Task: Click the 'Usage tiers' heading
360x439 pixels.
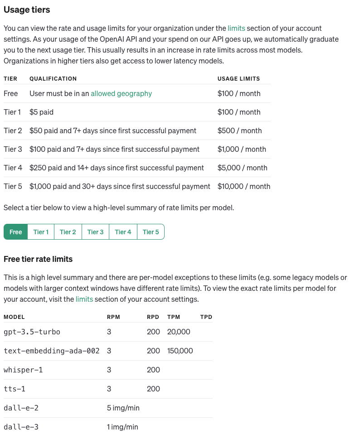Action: click(x=27, y=10)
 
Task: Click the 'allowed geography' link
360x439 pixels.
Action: click(x=121, y=94)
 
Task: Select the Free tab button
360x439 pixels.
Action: click(x=16, y=232)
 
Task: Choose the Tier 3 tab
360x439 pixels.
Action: click(x=95, y=232)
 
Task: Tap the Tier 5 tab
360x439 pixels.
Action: click(x=151, y=232)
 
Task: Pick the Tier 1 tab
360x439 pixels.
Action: click(x=41, y=232)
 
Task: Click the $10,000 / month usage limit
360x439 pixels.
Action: click(x=244, y=186)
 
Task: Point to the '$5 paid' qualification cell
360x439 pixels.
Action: click(x=41, y=112)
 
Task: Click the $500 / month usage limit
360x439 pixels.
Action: click(x=239, y=131)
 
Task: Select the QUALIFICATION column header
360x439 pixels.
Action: click(x=53, y=79)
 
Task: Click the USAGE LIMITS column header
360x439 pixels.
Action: click(x=238, y=79)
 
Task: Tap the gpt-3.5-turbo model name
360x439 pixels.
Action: click(x=32, y=332)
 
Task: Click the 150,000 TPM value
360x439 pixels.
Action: click(x=180, y=351)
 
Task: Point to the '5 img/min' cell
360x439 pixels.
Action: click(x=123, y=408)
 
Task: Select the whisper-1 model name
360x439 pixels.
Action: click(x=23, y=370)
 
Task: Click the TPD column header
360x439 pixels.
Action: click(x=206, y=317)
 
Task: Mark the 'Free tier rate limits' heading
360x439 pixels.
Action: click(x=38, y=259)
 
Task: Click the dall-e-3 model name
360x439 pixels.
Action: click(x=21, y=427)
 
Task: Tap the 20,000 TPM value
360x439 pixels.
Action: click(x=179, y=332)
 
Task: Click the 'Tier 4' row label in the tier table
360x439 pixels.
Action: click(x=13, y=168)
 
